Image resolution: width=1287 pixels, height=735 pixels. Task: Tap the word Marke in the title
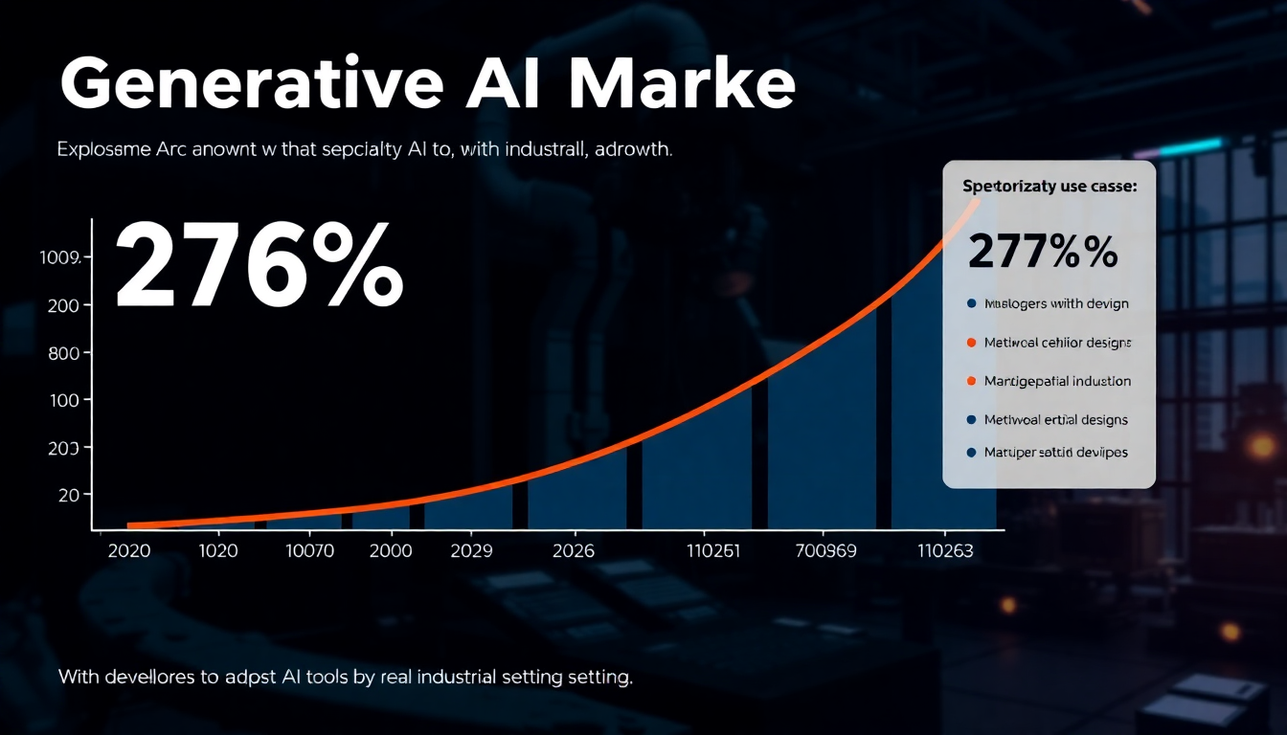click(681, 86)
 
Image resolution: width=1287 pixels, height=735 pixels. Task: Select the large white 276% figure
click(259, 263)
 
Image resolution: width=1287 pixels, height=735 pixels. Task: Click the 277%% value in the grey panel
click(1043, 252)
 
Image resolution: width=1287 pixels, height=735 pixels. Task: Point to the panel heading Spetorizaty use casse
click(1049, 188)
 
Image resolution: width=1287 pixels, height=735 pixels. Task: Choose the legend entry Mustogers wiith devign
click(1056, 303)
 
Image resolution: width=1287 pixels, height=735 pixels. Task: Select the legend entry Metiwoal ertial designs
click(1055, 419)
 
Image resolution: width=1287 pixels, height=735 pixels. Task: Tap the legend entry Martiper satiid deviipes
click(1055, 452)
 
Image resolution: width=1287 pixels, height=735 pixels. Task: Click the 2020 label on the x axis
click(129, 551)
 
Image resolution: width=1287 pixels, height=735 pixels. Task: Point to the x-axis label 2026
click(573, 551)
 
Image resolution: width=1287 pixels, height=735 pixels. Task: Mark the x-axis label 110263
click(945, 551)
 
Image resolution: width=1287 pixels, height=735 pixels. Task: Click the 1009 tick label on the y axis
click(66, 257)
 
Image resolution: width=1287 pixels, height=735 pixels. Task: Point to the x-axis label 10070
click(309, 551)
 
